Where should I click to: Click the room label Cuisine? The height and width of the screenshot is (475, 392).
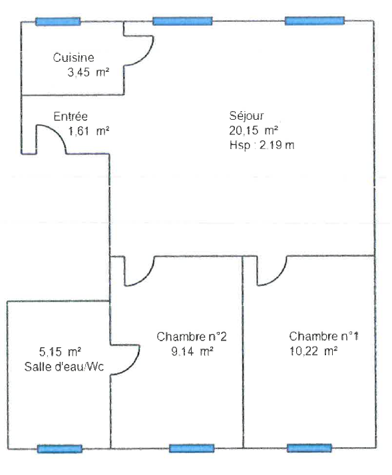73,58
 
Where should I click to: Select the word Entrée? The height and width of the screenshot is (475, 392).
71,116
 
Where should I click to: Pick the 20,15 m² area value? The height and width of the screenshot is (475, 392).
254,131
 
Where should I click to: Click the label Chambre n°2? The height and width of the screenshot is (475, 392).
192,336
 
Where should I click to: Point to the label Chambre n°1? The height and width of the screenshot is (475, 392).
324,336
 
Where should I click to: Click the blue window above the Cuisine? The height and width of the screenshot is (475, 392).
58,21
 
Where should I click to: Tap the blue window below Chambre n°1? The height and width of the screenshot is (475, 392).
309,448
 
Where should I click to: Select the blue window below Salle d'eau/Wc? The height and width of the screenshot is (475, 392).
59,449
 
